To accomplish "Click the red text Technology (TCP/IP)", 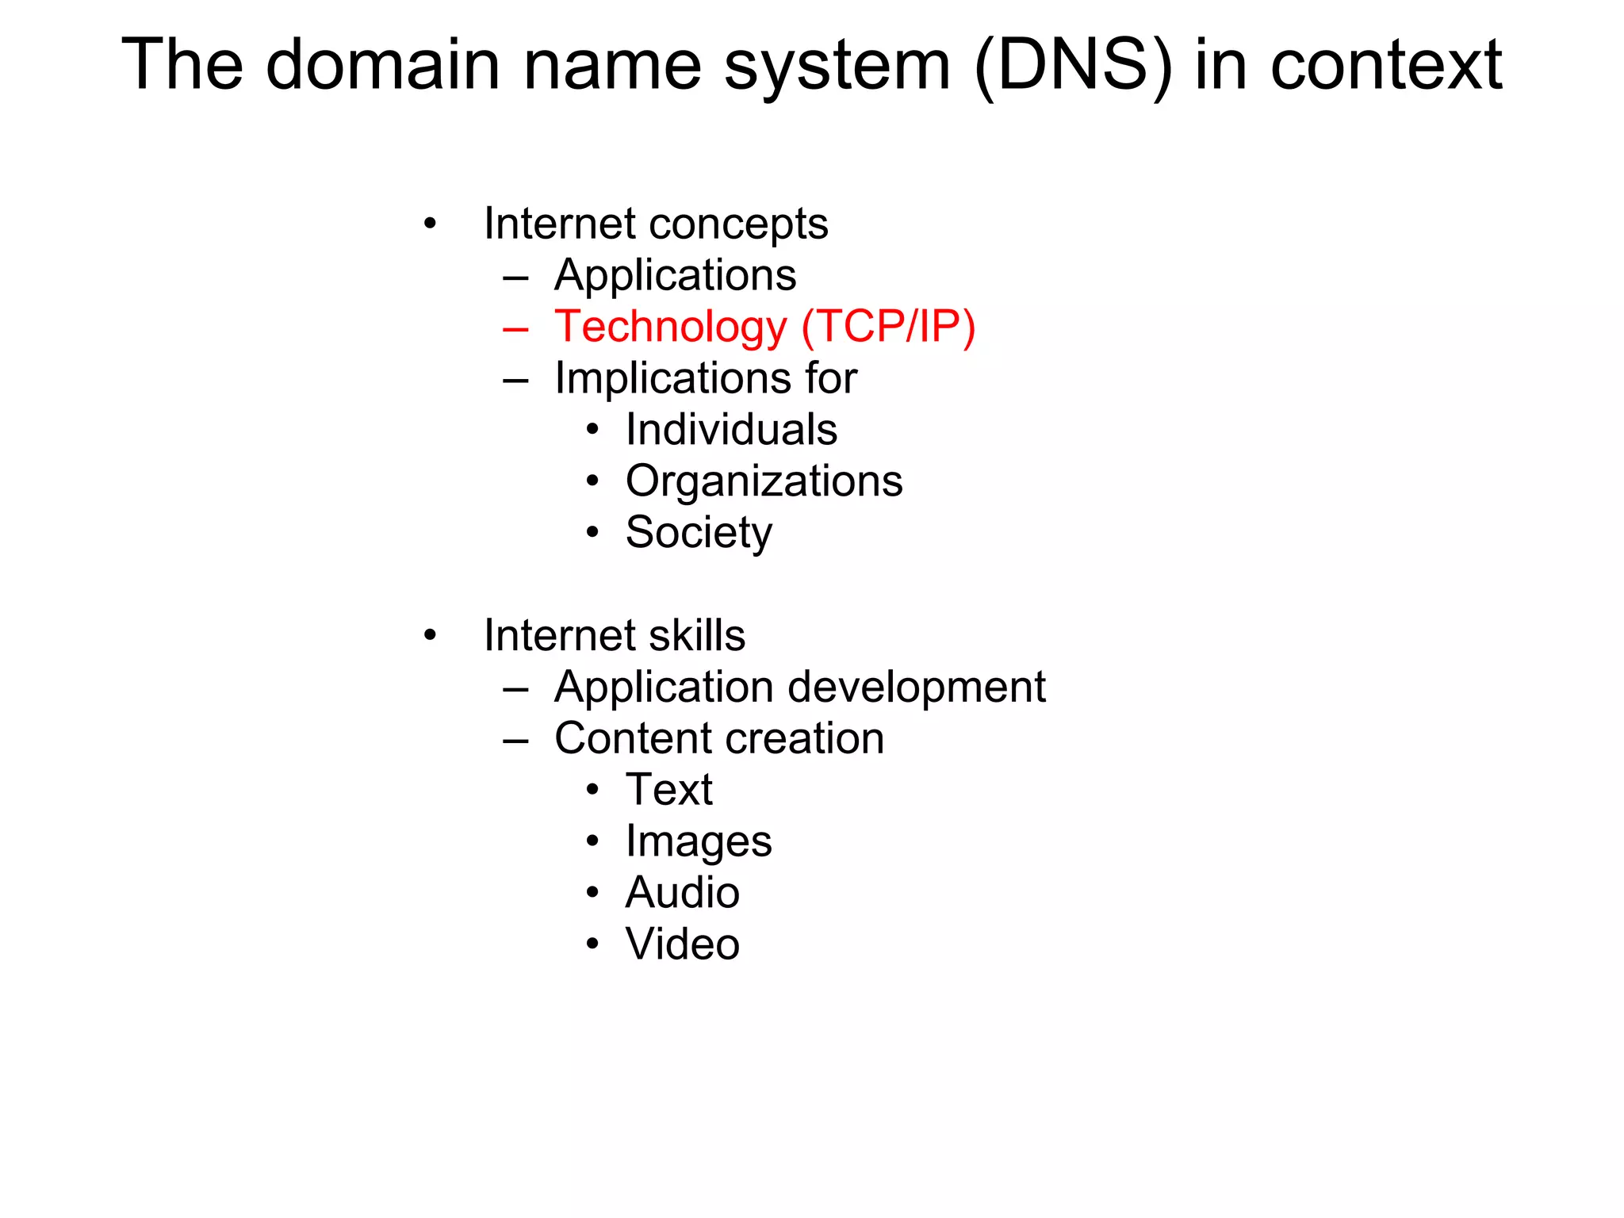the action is (764, 327).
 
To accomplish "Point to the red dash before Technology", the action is (515, 328).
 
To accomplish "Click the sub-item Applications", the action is (675, 275).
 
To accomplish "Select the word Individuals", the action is (731, 430).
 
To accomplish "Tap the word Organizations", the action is (764, 481).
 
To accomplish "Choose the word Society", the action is (699, 532).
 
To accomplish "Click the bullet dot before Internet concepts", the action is (430, 224).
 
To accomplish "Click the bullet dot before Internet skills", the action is (430, 635).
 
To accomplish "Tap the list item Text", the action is (669, 790).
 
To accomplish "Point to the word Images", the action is (699, 841).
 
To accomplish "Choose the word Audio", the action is (683, 893).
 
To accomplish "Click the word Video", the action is (683, 944).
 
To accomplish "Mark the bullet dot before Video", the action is (592, 944).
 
